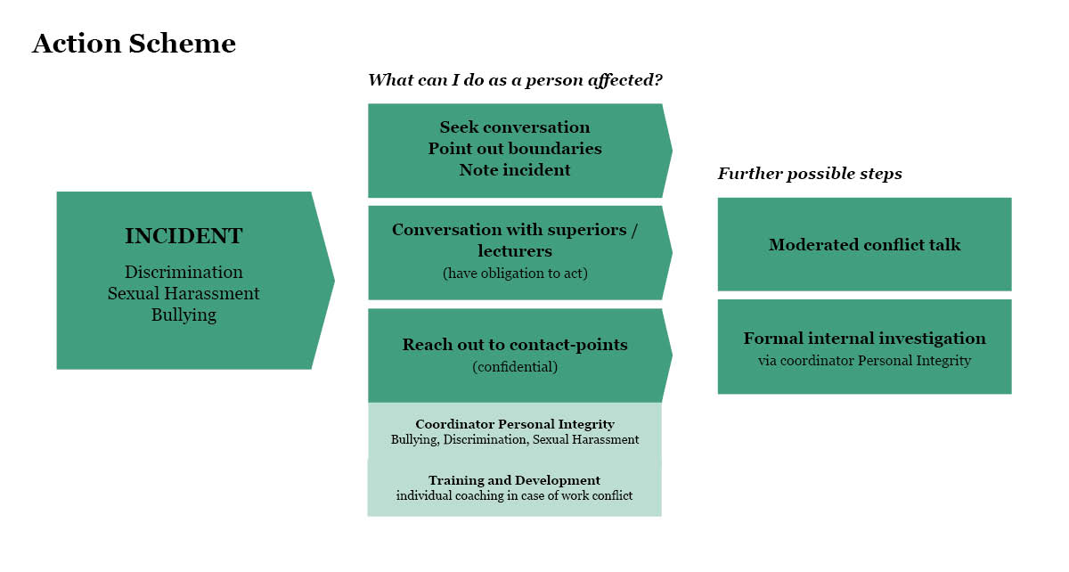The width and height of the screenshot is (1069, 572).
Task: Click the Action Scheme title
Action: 134,44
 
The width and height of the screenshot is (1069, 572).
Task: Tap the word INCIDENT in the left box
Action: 184,236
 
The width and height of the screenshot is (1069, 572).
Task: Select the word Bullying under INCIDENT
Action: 184,315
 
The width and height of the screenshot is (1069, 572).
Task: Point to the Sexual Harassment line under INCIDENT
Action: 184,293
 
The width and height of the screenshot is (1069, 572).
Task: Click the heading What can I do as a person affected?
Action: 515,80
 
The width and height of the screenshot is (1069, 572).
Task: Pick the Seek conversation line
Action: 515,127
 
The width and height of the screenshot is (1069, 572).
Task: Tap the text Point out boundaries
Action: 515,149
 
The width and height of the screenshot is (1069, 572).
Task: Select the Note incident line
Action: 515,169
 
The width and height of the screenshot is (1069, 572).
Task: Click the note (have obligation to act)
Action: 515,274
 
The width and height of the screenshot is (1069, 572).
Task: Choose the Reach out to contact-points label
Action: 515,345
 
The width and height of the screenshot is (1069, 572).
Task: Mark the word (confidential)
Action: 515,366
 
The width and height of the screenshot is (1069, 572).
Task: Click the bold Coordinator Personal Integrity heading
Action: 515,424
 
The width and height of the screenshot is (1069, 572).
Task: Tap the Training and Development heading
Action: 515,480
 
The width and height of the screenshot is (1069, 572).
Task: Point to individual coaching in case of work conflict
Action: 515,495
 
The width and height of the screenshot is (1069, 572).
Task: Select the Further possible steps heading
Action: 810,174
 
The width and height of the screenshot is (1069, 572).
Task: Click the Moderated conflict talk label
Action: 864,245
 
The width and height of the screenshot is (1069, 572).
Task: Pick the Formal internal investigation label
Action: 864,339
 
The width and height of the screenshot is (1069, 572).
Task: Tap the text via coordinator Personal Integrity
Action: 864,361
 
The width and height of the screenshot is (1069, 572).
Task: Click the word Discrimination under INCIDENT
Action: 184,272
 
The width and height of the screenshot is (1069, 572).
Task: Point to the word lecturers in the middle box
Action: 515,251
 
